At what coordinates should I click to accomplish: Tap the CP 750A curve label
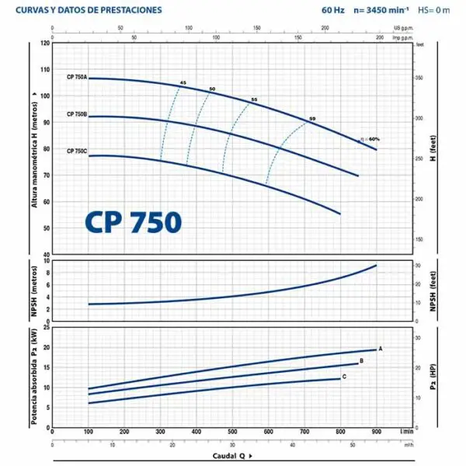77,78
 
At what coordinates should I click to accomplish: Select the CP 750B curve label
77,115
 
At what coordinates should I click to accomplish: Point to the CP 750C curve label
77,151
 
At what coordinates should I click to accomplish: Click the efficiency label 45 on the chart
183,82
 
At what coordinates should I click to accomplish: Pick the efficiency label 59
312,118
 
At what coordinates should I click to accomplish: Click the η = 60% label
370,139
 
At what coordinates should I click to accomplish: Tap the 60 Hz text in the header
332,11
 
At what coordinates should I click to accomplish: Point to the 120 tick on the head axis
45,43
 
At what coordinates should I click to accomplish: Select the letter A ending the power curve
381,348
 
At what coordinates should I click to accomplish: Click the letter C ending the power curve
344,377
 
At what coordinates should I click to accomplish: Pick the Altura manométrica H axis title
34,148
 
